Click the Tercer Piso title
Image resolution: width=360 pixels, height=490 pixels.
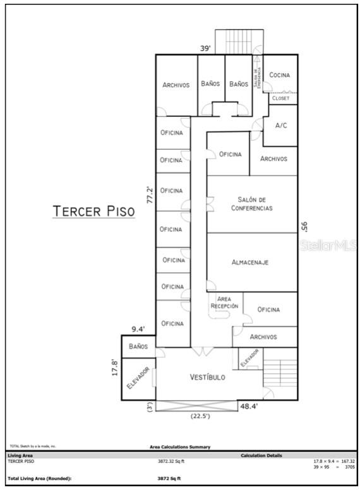(93, 211)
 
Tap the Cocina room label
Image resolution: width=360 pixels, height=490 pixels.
(279, 75)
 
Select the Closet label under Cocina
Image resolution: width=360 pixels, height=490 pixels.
(280, 99)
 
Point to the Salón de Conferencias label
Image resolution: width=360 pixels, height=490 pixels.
(251, 203)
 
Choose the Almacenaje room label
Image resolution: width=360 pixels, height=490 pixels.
(251, 261)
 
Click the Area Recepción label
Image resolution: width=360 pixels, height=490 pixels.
(225, 302)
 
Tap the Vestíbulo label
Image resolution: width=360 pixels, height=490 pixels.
(208, 377)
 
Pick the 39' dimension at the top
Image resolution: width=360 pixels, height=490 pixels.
(205, 48)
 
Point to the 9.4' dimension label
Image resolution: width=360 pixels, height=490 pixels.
(138, 329)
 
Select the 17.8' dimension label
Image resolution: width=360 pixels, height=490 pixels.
(115, 367)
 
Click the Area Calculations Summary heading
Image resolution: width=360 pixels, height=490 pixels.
(180, 447)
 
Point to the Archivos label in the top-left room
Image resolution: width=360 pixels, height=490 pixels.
(176, 85)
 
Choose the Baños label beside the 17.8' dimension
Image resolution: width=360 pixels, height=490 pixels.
(138, 347)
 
